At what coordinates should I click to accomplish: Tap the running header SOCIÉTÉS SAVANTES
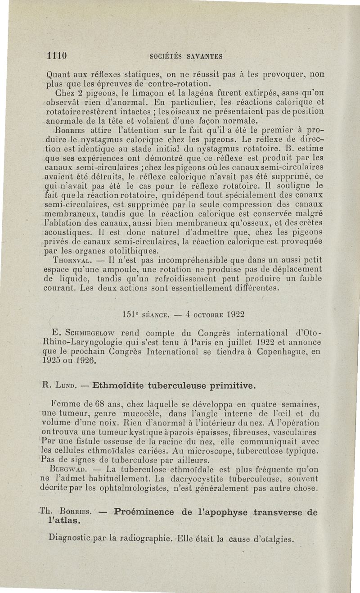186,57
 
